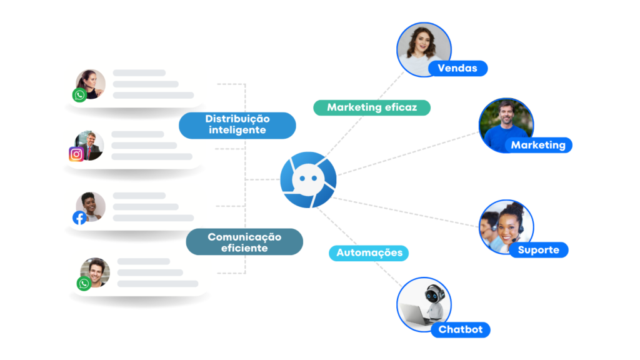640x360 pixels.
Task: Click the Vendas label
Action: (x=457, y=68)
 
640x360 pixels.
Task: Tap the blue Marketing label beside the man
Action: (x=538, y=145)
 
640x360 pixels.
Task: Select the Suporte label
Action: (x=538, y=250)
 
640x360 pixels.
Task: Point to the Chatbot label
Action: (x=461, y=329)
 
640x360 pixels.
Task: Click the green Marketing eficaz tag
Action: (x=372, y=107)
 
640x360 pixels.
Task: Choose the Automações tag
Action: (x=369, y=253)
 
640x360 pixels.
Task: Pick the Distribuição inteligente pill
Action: (x=237, y=124)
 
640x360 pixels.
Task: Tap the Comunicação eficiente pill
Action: (x=244, y=242)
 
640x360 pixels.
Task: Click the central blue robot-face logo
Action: (x=307, y=180)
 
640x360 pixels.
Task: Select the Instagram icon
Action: (x=77, y=154)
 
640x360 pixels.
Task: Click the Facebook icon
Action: (x=79, y=217)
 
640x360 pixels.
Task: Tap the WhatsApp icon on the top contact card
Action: (x=79, y=95)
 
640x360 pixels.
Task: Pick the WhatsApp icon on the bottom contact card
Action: (x=84, y=284)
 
